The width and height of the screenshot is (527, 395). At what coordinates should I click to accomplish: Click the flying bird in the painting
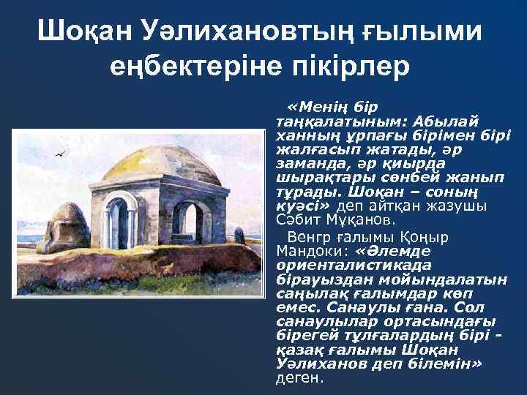click(61, 154)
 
